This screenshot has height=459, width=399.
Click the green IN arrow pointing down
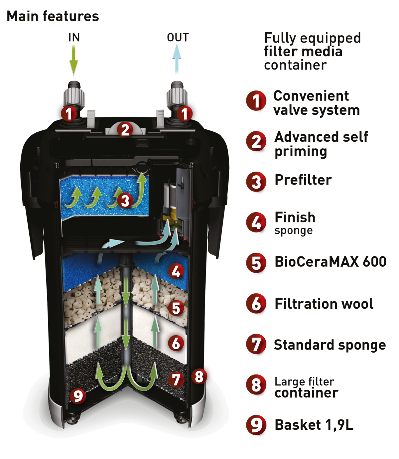[73, 60]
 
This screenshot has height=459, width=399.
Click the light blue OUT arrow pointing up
[177, 59]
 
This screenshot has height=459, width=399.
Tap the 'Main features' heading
[53, 17]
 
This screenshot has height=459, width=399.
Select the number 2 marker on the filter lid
[125, 129]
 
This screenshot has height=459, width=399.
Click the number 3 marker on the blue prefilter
[125, 200]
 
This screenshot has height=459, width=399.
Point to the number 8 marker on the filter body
[199, 376]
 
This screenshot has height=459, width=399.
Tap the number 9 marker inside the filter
[78, 395]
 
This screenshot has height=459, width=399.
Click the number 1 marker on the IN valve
[69, 113]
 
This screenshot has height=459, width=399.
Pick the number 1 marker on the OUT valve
[184, 113]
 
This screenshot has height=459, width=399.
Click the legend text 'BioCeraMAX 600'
[331, 262]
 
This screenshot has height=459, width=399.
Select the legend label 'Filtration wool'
[324, 304]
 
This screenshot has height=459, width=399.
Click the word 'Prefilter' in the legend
[303, 180]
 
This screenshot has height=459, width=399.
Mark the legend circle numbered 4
[256, 222]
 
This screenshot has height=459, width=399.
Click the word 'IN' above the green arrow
[74, 37]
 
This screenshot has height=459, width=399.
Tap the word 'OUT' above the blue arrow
[178, 37]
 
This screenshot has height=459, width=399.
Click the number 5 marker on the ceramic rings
[176, 308]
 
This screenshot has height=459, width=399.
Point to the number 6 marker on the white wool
[176, 343]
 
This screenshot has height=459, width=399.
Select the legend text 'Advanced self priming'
[321, 144]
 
